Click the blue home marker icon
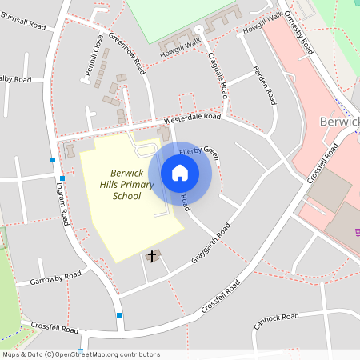[180, 172]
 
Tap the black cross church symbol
[152, 255]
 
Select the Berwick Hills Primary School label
[127, 184]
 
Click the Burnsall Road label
[24, 24]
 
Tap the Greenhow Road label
[127, 52]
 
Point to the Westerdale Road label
[193, 117]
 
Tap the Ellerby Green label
[199, 150]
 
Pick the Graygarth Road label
[210, 244]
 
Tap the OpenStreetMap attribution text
[81, 354]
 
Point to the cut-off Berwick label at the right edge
[339, 122]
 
